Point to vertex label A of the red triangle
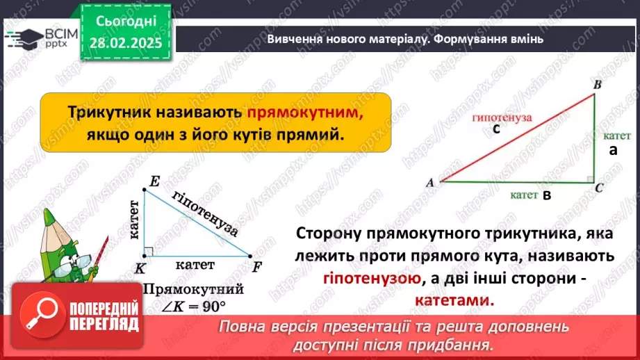click(429, 183)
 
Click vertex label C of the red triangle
click(599, 188)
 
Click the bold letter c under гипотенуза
click(496, 129)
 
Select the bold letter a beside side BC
click(612, 149)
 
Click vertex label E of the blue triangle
click(154, 182)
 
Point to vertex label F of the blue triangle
click(256, 265)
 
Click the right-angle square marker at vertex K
click(149, 251)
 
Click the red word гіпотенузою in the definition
click(372, 279)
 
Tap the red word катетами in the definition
click(457, 301)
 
